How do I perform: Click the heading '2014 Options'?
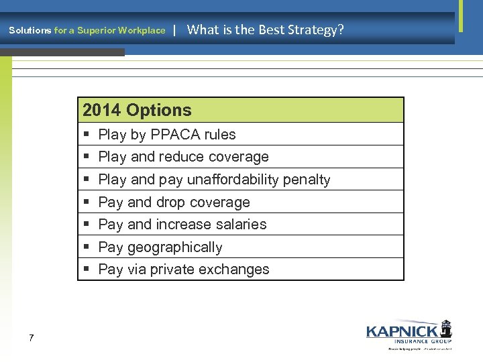137,111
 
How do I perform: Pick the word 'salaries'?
241,225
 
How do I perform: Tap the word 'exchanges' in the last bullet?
238,269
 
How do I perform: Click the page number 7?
32,338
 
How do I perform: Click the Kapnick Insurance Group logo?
409,334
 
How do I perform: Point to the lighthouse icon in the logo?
445,328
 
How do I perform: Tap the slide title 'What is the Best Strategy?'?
265,29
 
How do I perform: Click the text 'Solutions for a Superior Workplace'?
87,30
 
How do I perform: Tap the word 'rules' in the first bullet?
220,134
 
